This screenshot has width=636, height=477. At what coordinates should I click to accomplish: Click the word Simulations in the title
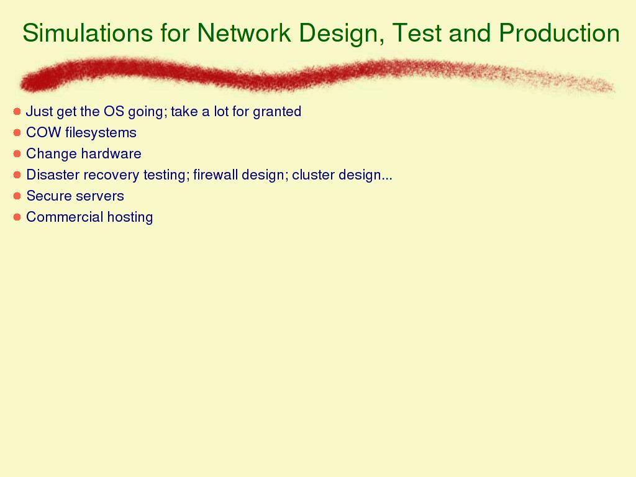(x=88, y=32)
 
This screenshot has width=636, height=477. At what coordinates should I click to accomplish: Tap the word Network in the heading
(x=243, y=32)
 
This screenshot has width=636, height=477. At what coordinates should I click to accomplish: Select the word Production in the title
(x=559, y=32)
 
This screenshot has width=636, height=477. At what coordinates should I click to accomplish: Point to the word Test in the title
(x=417, y=32)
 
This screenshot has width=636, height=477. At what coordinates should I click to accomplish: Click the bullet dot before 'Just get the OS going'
(x=17, y=111)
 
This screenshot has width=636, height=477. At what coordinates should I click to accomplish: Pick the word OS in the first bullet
(x=114, y=111)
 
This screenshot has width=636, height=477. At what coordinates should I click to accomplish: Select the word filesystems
(x=101, y=133)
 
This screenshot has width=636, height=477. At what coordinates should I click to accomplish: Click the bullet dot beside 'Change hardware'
(x=17, y=154)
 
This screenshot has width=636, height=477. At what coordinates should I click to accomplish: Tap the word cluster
(x=314, y=175)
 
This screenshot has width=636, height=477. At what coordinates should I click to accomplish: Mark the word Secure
(x=46, y=196)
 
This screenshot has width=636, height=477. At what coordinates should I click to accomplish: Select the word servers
(x=98, y=196)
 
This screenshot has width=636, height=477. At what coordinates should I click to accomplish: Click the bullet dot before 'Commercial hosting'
(x=17, y=217)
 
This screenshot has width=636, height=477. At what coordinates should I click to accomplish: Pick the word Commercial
(x=65, y=217)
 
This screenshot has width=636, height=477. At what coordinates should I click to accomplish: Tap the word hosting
(x=130, y=217)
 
